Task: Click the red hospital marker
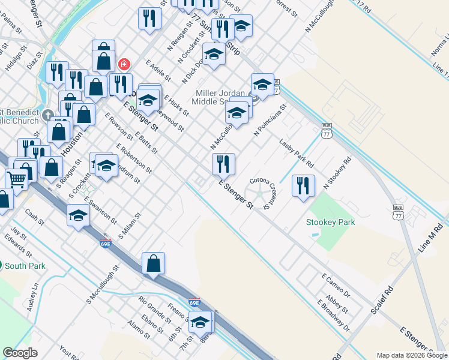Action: pos(124,64)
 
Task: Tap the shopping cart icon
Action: pos(16,178)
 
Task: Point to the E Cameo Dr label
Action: pos(336,287)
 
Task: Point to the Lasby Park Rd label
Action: pos(297,153)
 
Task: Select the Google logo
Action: pos(20,353)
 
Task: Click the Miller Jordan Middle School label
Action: pos(220,97)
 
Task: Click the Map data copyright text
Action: pos(412,355)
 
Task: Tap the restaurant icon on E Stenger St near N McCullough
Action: pos(223,164)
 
